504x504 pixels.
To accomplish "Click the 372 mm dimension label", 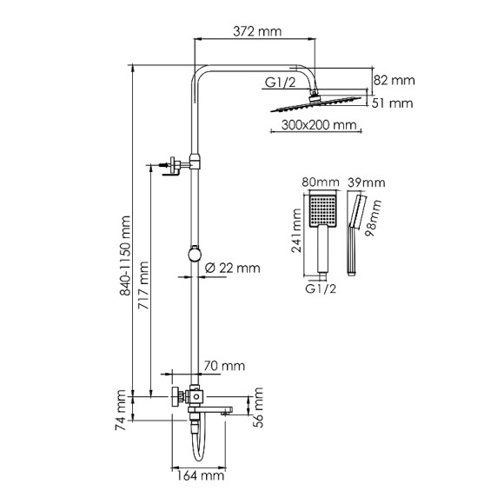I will pos(259,31).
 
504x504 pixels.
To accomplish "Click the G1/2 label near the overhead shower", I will pos(280,84).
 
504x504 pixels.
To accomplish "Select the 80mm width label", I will pos(317,183).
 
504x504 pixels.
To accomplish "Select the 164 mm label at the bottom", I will pos(196,475).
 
